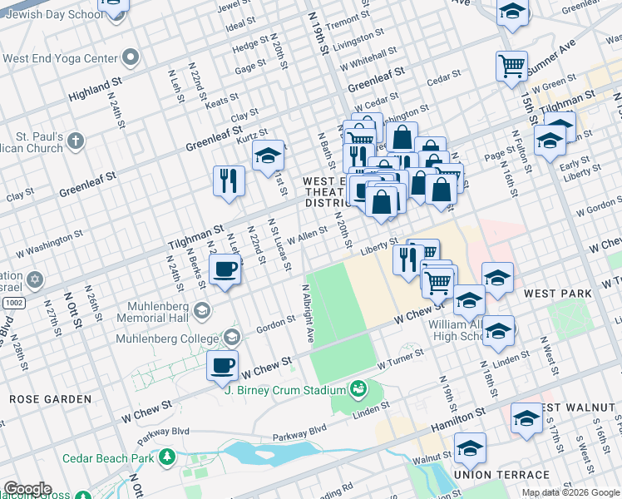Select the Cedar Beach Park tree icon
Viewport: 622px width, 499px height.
166,457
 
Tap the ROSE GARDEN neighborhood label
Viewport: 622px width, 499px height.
50,399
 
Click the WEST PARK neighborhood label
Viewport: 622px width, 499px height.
558,294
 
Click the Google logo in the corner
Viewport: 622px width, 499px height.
27,489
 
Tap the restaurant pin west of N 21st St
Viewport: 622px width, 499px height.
227,180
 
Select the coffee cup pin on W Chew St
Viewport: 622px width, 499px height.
222,366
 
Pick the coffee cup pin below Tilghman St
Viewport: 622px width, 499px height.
225,269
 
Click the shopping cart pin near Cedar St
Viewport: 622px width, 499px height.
511,66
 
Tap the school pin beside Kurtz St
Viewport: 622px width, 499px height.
268,155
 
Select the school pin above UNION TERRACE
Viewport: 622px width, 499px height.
470,449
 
